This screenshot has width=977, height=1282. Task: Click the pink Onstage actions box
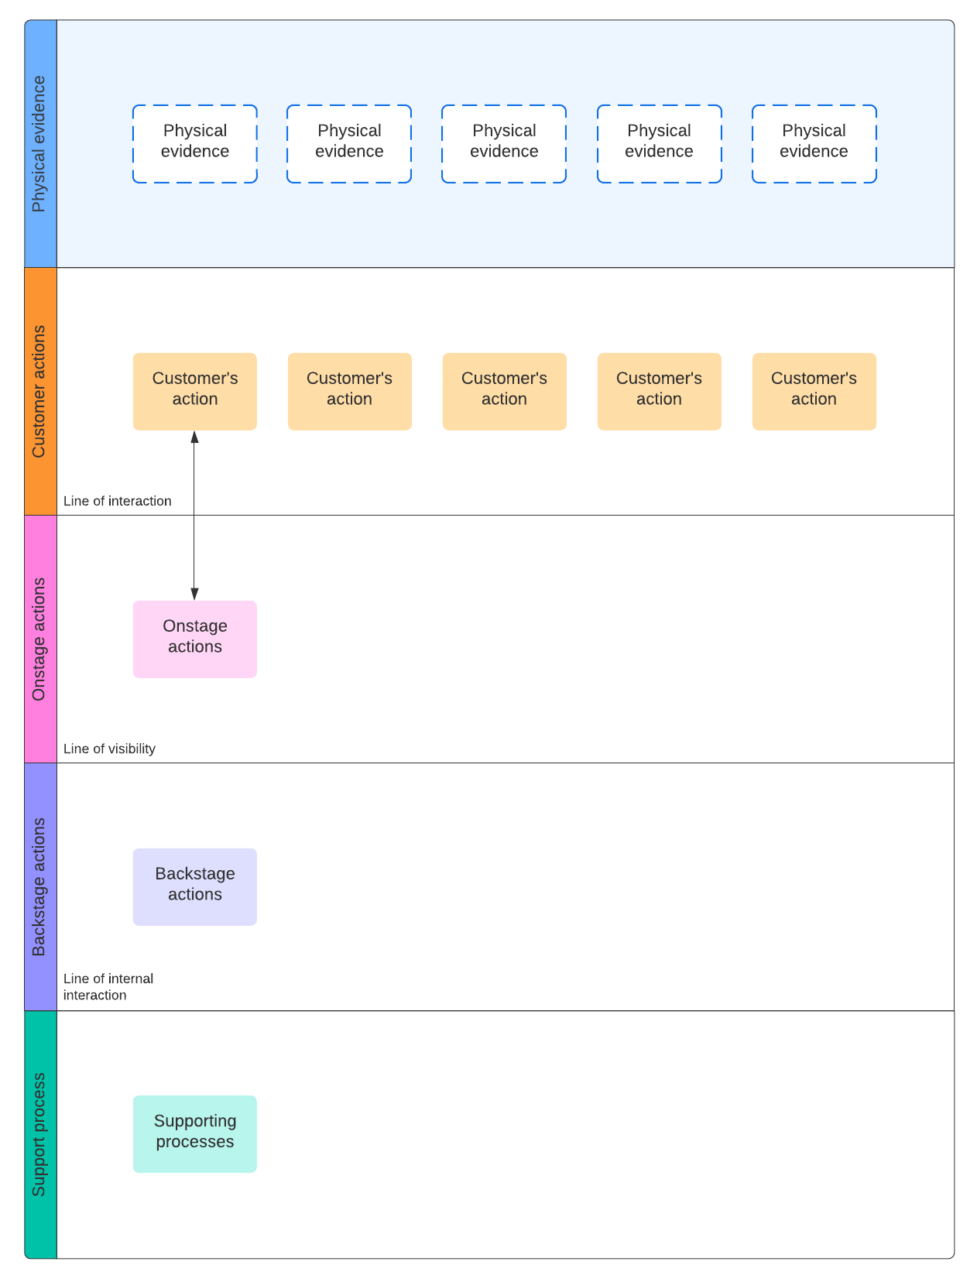pos(194,639)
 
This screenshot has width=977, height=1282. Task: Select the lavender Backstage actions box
pos(194,886)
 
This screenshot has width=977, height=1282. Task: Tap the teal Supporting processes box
pos(194,1133)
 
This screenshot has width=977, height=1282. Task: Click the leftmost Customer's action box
pos(194,391)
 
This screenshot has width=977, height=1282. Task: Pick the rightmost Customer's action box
pos(814,391)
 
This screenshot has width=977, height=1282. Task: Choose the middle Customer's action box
pos(504,391)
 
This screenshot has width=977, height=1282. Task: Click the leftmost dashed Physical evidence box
pos(194,144)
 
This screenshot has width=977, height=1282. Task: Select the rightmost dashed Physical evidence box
pos(814,144)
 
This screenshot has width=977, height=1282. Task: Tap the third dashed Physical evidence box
pos(504,144)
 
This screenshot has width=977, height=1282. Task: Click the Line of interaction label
pos(118,501)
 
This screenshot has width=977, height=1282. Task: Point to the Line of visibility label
pos(109,749)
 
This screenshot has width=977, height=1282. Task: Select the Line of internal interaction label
pos(108,986)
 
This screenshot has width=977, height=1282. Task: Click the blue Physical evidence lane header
pos(40,144)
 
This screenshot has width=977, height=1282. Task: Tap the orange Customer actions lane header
pos(40,391)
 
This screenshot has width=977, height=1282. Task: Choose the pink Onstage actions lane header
pos(40,639)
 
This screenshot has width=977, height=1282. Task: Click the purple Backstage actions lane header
pos(40,886)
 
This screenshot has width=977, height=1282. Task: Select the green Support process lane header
pos(40,1133)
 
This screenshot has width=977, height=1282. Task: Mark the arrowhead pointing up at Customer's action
pos(194,437)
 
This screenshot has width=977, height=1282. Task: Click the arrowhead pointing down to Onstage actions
pos(194,594)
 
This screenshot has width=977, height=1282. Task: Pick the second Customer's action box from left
pos(349,391)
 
